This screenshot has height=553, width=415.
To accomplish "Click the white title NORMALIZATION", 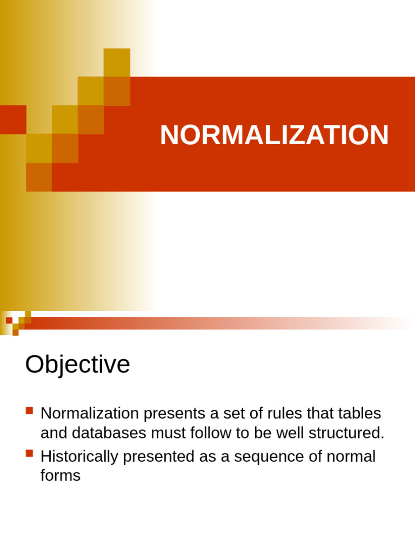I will [x=274, y=135].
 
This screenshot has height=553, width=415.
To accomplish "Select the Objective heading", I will [x=77, y=365].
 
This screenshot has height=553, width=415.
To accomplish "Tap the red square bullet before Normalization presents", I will [x=29, y=411].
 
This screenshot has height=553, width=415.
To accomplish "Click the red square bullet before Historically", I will [x=29, y=454].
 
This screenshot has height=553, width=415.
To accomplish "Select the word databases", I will [x=110, y=433].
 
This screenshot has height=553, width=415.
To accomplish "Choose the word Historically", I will [x=79, y=457].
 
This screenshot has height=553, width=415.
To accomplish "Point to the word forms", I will [x=60, y=476].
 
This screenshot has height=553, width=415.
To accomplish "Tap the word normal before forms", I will [x=351, y=457].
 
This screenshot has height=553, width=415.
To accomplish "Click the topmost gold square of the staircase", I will [x=117, y=62].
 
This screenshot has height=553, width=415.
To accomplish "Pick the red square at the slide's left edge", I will [x=13, y=119].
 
